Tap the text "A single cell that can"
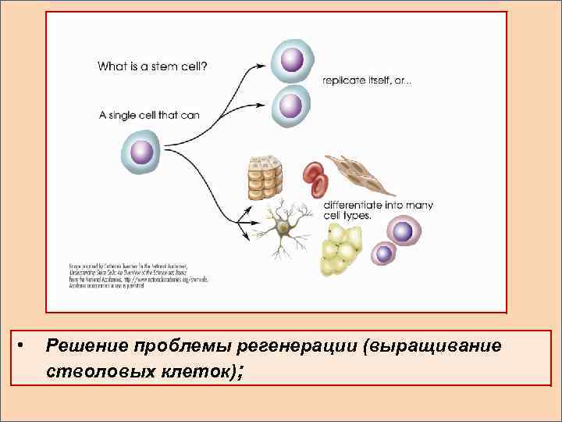(x=148, y=115)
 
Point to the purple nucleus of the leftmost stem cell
(x=141, y=152)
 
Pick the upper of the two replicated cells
(x=292, y=60)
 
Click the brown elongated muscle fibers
(x=359, y=173)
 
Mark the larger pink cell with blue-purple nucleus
(x=403, y=231)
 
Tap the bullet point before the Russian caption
(x=22, y=345)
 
